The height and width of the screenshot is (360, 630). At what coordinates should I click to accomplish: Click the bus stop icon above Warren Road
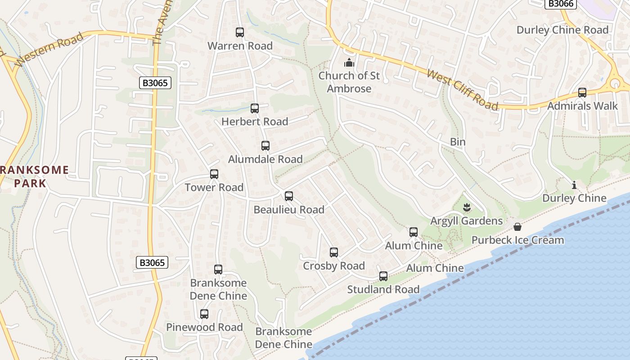(240, 32)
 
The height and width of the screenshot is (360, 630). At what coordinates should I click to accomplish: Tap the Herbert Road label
(255, 121)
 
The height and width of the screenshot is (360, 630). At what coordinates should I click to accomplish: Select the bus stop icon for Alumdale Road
(265, 146)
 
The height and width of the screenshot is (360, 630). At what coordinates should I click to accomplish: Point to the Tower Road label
(214, 187)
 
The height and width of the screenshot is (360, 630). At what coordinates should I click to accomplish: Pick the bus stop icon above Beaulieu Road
(289, 196)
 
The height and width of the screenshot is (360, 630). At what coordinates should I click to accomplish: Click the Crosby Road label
(334, 266)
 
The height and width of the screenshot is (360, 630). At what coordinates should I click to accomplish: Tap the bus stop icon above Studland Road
(383, 276)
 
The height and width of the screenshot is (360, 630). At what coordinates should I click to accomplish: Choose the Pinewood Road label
(204, 327)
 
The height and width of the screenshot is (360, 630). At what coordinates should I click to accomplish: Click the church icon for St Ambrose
(349, 63)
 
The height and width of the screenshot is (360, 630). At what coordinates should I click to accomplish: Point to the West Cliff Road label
(462, 90)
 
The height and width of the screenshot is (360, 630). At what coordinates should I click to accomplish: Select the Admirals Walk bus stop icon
(582, 93)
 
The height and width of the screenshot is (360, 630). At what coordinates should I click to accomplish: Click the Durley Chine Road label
(562, 30)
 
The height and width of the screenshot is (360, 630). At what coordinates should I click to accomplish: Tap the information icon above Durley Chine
(574, 185)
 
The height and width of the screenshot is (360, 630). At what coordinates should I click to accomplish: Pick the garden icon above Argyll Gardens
(467, 207)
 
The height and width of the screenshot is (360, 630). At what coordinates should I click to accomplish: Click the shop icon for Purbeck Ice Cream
(517, 226)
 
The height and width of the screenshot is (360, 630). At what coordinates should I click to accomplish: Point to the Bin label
(458, 142)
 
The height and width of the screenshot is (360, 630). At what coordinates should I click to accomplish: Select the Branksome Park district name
(34, 176)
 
